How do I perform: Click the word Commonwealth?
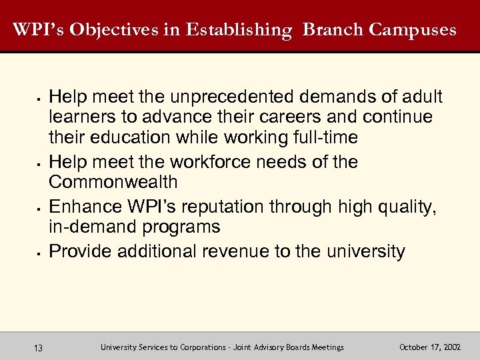(113, 182)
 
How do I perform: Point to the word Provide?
(81, 251)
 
